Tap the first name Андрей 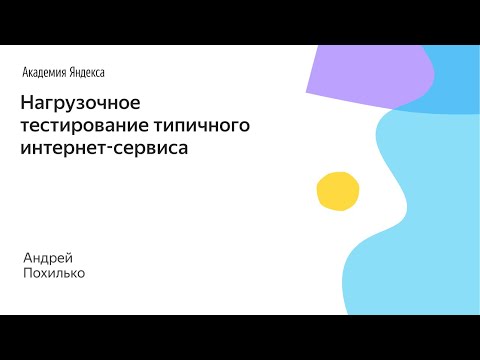coord(48,257)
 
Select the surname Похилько coord(54,273)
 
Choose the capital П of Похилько coord(28,273)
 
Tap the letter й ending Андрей coord(69,257)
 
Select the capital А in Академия coord(25,72)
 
